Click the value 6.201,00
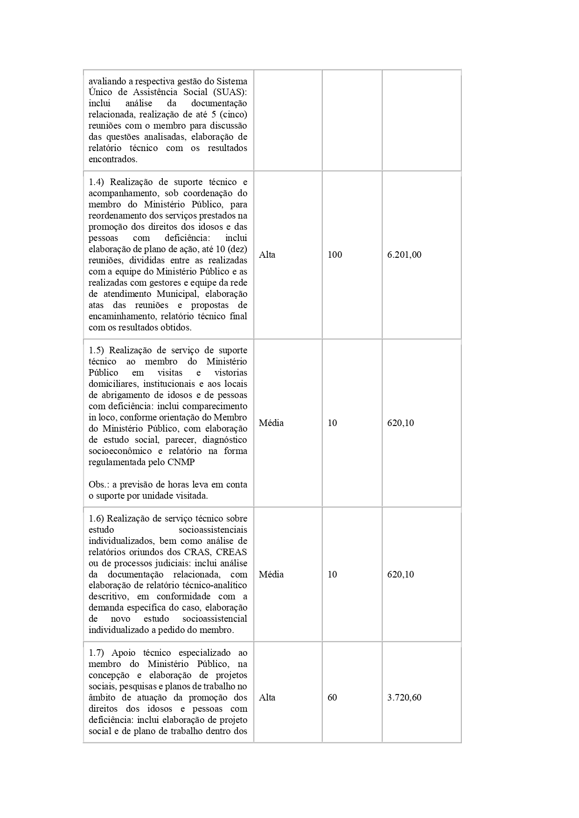coord(404,255)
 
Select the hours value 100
coord(335,255)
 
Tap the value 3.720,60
coord(404,698)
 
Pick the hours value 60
coord(332,698)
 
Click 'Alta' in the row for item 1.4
coord(267,255)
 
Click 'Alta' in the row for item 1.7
coord(267,698)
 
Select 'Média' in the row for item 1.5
coord(271,423)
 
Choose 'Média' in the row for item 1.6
coord(271,574)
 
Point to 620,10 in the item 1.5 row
coord(400,423)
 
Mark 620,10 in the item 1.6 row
coord(400,574)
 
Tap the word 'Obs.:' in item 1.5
coord(99,485)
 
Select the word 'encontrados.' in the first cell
coord(113,159)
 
